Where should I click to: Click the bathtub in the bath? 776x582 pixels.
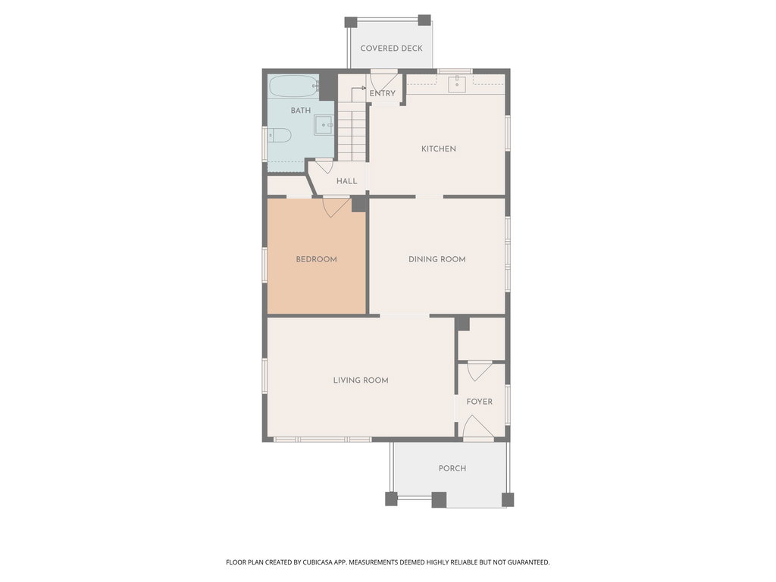pyautogui.click(x=294, y=86)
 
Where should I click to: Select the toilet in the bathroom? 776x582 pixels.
pyautogui.click(x=279, y=135)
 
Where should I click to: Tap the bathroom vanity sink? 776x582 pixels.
pyautogui.click(x=324, y=125)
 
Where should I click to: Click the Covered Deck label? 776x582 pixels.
pyautogui.click(x=392, y=48)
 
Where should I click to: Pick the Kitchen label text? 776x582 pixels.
pyautogui.click(x=439, y=149)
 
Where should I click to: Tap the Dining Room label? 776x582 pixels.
pyautogui.click(x=437, y=259)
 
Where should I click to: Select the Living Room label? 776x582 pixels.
pyautogui.click(x=361, y=380)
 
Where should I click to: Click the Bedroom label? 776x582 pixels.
pyautogui.click(x=316, y=259)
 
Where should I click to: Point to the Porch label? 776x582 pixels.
pyautogui.click(x=452, y=468)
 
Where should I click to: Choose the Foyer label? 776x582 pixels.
pyautogui.click(x=480, y=402)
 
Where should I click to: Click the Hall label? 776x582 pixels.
pyautogui.click(x=347, y=181)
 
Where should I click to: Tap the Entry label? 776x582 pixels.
pyautogui.click(x=383, y=93)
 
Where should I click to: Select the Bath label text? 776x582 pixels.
pyautogui.click(x=301, y=111)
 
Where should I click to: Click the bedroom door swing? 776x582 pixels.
pyautogui.click(x=336, y=206)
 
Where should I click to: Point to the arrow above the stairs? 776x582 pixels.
pyautogui.click(x=356, y=92)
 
